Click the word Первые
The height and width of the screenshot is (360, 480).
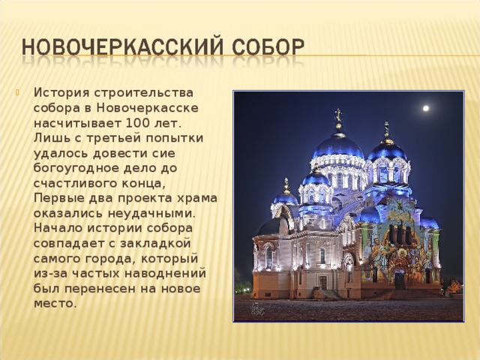click(56, 198)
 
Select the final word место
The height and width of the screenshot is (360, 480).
click(55, 304)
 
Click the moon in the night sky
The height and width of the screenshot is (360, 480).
click(425, 108)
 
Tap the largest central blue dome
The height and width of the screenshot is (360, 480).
click(338, 145)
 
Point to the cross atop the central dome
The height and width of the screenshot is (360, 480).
click(338, 115)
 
